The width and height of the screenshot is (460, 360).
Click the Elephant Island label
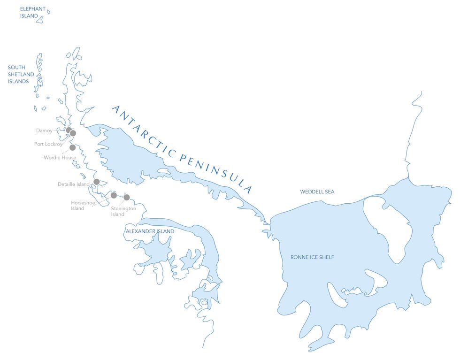32,12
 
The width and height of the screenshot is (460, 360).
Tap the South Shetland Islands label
21,74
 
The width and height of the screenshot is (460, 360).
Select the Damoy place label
44,130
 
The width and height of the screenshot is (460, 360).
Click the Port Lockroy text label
48,144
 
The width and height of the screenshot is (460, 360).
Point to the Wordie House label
60,157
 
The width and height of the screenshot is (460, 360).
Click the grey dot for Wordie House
72,147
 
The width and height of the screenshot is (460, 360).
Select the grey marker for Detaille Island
96,182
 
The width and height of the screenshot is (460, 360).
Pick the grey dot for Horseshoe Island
114,195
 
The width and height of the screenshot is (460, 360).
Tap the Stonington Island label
123,211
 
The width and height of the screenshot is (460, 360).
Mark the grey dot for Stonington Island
126,197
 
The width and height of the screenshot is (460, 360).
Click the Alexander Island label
150,231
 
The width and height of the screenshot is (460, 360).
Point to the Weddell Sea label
317,191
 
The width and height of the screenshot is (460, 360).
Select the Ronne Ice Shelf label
312,257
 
